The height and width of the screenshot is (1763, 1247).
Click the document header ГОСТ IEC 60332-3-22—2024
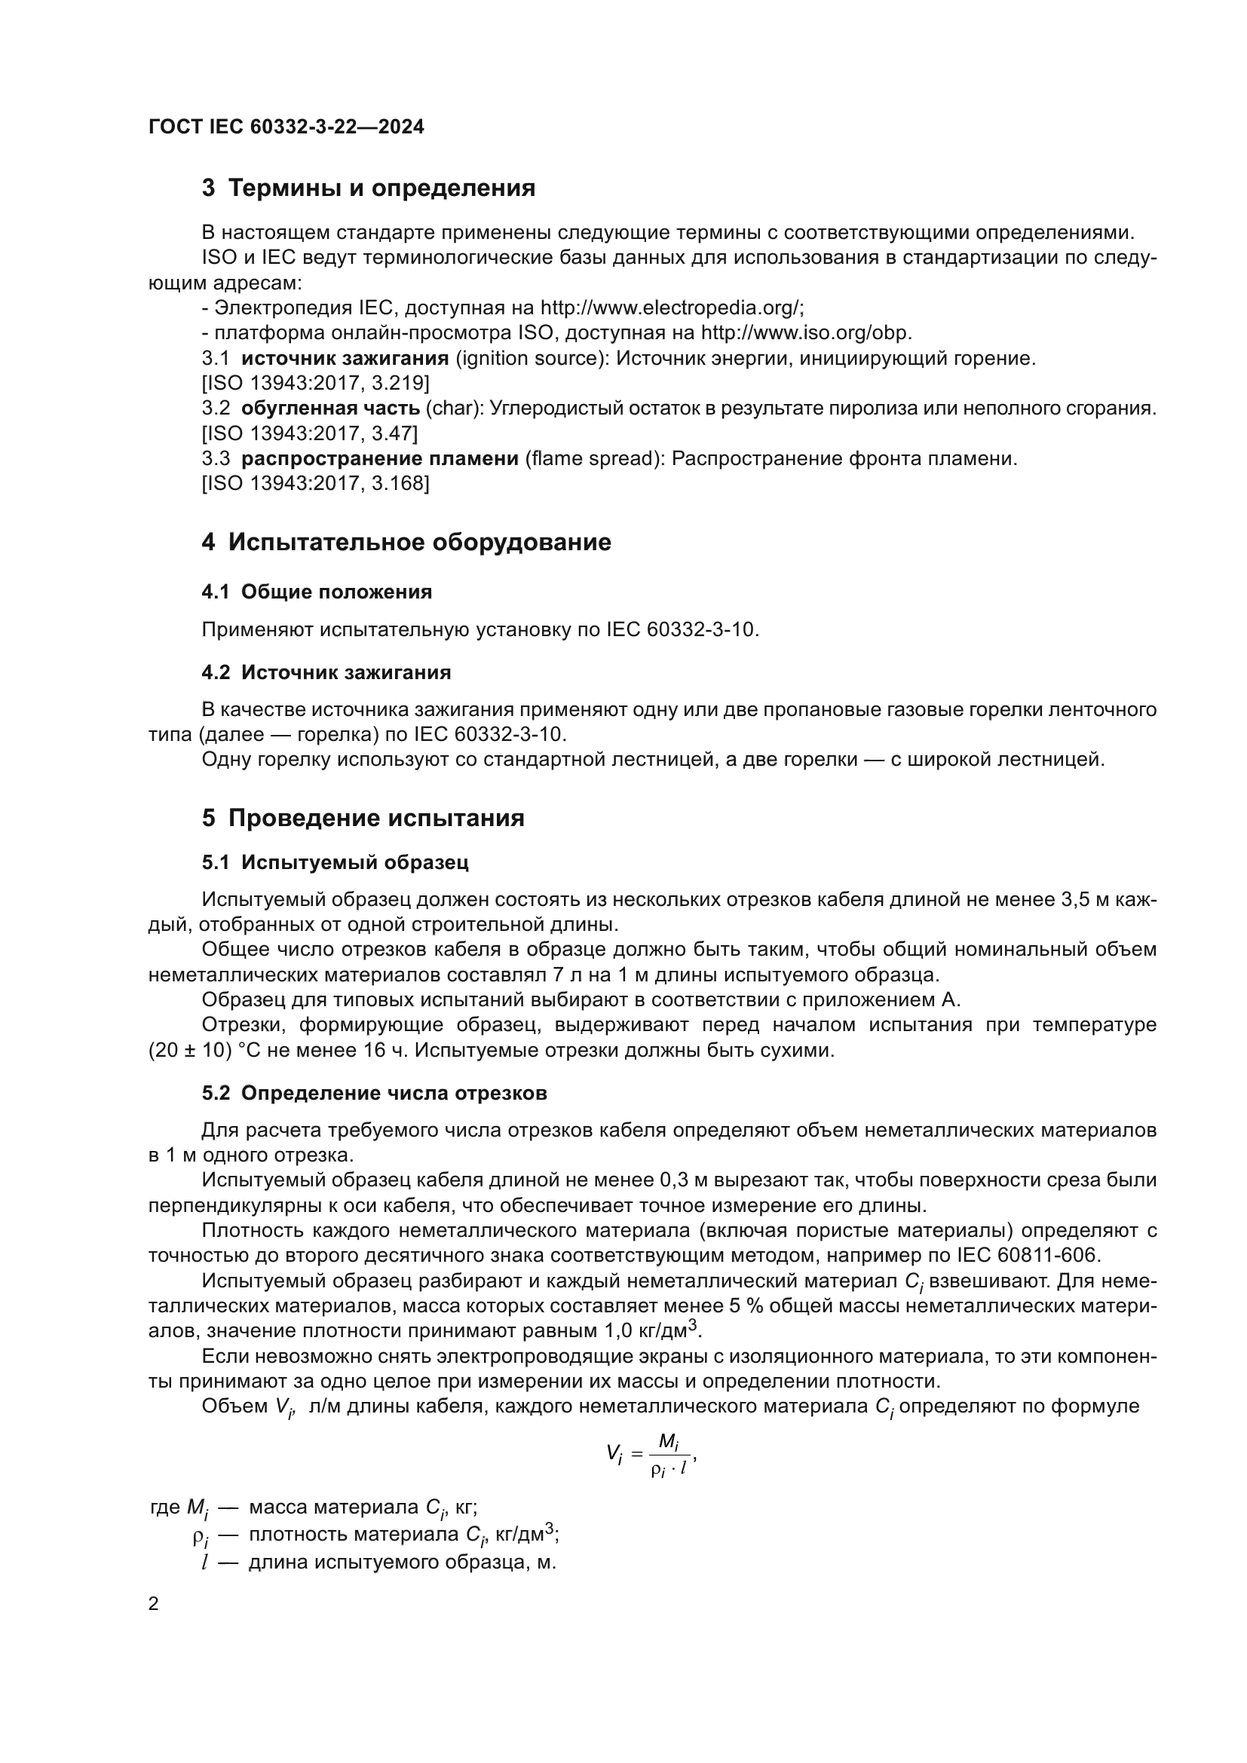(286, 127)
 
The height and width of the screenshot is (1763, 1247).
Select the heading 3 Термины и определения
(369, 188)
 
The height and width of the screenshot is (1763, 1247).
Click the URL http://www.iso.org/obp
(806, 333)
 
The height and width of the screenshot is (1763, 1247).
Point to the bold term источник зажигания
(345, 359)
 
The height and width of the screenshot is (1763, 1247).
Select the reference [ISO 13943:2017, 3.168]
(315, 484)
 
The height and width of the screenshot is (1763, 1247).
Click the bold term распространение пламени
(380, 459)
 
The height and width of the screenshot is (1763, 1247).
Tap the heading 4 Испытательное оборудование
(406, 542)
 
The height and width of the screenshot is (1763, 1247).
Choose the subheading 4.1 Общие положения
(317, 592)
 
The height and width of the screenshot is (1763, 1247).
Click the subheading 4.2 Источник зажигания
(326, 672)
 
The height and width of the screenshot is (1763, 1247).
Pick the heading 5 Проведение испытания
(363, 818)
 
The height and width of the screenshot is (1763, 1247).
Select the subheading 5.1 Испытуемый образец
(335, 862)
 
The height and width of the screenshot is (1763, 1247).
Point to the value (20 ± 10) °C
(205, 1051)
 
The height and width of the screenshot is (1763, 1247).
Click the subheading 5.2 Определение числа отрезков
(374, 1094)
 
